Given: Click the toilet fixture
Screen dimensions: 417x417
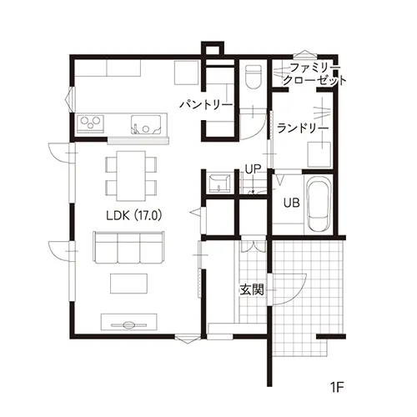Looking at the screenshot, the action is coord(254,77).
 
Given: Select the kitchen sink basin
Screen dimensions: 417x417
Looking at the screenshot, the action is coord(146,124).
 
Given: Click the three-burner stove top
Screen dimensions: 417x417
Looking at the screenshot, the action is coord(90,123).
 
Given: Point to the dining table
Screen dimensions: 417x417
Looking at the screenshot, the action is coord(131,176).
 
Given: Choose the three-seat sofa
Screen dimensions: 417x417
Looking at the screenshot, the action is coord(128,248).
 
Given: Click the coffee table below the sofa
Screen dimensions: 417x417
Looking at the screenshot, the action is coord(128,284).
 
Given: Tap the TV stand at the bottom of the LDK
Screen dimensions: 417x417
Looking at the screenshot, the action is coord(128,322).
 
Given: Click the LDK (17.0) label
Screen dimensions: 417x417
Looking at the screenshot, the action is coord(134,215).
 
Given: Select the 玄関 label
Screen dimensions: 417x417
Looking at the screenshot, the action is coord(252,290).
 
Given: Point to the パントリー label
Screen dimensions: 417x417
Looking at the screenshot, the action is coord(206,105).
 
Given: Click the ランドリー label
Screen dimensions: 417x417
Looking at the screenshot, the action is coord(303,128).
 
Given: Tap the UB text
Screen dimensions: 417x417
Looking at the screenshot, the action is coord(292,203).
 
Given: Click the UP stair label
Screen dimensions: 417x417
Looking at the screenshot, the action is coord(253,169).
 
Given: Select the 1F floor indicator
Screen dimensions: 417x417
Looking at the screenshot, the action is coord(337,387).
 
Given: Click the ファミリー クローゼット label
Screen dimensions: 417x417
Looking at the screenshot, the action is coord(314,74).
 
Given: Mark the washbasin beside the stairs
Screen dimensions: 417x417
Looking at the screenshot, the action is coord(219,183).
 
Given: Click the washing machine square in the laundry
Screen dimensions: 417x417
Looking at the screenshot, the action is coord(319,154).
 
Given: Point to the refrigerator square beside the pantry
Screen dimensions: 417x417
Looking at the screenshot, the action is coord(186,73).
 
